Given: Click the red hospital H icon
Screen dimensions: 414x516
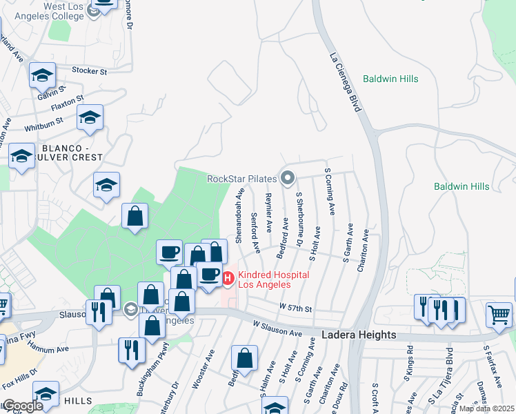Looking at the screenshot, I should pyautogui.click(x=228, y=279).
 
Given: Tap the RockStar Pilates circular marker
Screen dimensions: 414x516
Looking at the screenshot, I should pyautogui.click(x=288, y=179).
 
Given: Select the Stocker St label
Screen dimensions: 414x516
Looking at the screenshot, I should pyautogui.click(x=90, y=70).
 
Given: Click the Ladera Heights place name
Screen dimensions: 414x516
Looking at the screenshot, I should pyautogui.click(x=359, y=335).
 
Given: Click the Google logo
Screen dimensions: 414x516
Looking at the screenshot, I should pyautogui.click(x=22, y=406).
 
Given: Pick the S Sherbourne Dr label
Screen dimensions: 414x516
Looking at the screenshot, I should pyautogui.click(x=299, y=219).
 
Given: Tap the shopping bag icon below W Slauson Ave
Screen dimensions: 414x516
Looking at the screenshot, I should pyautogui.click(x=244, y=358).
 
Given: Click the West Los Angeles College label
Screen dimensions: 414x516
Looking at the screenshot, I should pyautogui.click(x=64, y=11).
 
